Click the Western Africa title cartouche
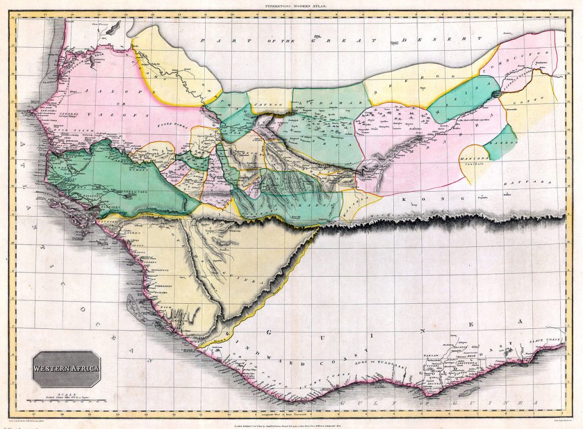click(66, 369)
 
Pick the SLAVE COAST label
click(548, 340)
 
